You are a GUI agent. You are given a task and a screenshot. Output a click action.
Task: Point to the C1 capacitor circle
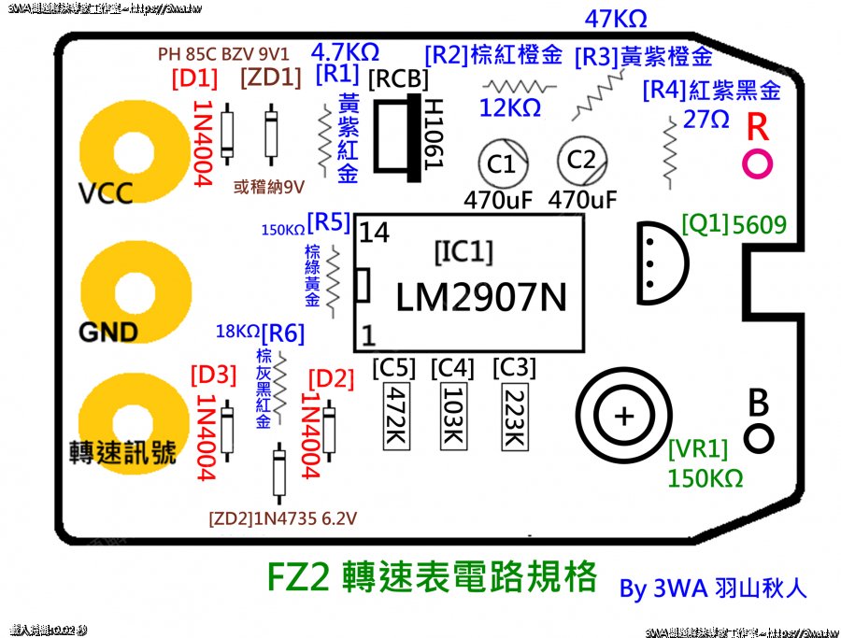point(502,164)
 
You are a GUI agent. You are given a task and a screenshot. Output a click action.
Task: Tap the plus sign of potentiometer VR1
point(625,416)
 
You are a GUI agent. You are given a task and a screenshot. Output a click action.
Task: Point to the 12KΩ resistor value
point(510,108)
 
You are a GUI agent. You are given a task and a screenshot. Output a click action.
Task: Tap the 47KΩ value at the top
point(614,19)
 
